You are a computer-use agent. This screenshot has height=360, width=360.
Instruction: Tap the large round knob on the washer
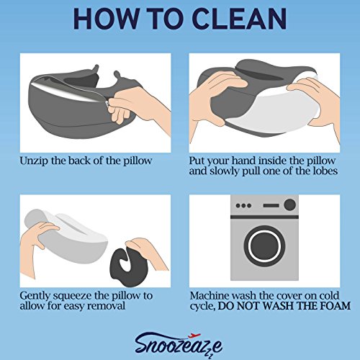click(x=289, y=204)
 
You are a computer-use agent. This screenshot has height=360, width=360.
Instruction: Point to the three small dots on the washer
click(x=243, y=206)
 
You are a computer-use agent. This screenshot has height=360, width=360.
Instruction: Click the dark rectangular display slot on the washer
click(x=271, y=206)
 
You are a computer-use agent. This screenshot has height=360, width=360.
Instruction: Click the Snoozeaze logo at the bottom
click(x=179, y=345)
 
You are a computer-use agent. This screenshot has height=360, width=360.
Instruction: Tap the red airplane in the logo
click(x=194, y=336)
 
